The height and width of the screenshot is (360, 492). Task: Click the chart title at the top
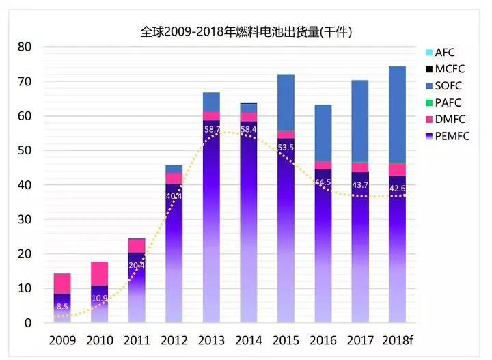pyautogui.click(x=245, y=31)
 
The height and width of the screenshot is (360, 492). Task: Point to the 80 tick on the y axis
pyautogui.click(x=24, y=47)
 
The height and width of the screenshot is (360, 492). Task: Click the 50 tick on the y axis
pyautogui.click(x=24, y=150)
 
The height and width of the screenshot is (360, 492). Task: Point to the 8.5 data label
pyautogui.click(x=62, y=307)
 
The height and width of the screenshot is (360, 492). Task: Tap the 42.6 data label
pyautogui.click(x=398, y=189)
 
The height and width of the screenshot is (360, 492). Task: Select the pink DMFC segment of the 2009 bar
pyautogui.click(x=62, y=283)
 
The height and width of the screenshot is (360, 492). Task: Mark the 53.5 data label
pyautogui.click(x=286, y=148)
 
